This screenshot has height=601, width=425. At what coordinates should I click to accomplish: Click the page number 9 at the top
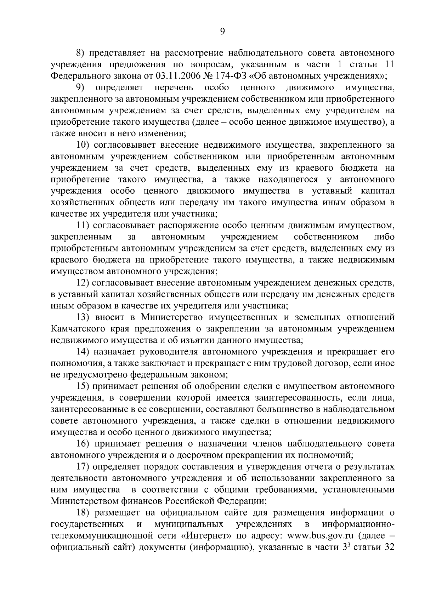222,32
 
